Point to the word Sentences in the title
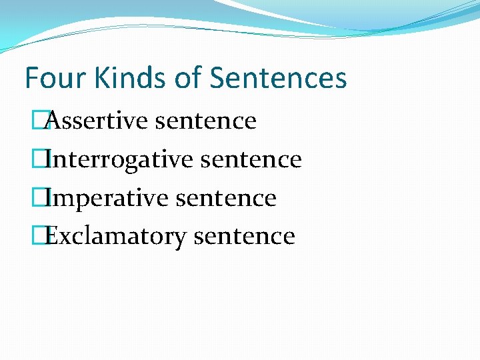[x=278, y=78]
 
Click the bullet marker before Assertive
[x=45, y=121]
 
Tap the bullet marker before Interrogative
[x=45, y=160]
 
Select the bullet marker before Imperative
[x=45, y=199]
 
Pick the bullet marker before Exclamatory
[x=45, y=237]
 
